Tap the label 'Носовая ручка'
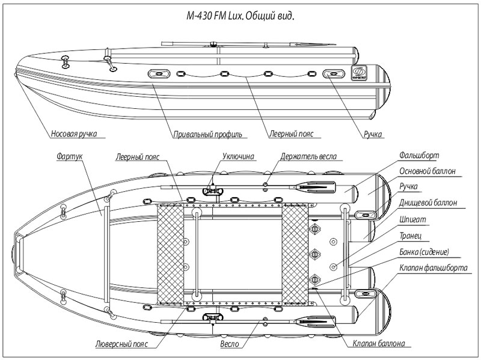coord(75,134)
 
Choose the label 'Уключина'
coord(239,156)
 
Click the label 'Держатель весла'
coord(308,156)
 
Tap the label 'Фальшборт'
coord(416,156)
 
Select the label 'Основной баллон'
coord(426,171)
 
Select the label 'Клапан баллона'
coord(378,344)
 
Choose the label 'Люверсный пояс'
coord(122,344)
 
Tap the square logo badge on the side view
coord(357,73)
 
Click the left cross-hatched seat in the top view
coord(170,254)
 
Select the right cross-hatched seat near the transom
coord(294,254)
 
